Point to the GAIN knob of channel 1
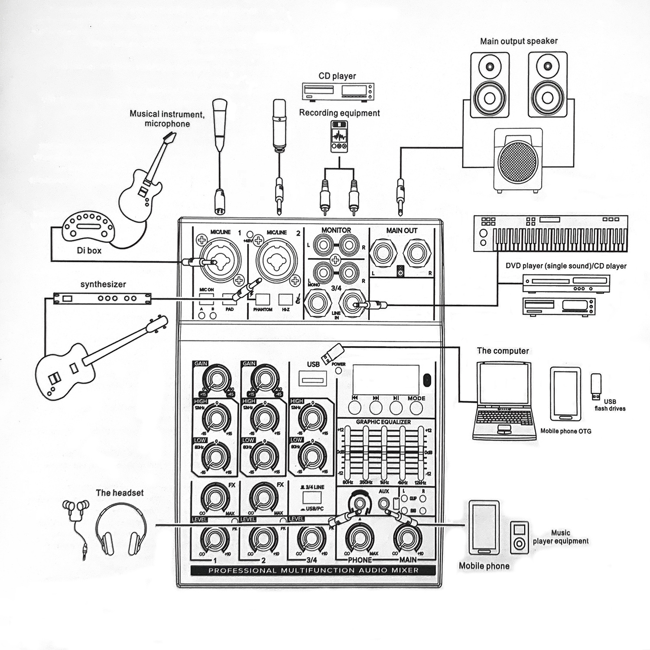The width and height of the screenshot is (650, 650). coord(215,380)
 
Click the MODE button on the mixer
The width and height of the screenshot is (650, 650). coord(416,408)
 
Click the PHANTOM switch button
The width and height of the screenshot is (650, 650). coord(263,299)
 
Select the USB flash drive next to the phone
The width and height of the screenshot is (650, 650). coord(596,386)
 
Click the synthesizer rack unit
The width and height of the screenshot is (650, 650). coord(102,298)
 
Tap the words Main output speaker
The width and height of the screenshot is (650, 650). coord(519,41)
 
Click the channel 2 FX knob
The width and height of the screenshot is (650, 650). coord(263,498)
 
